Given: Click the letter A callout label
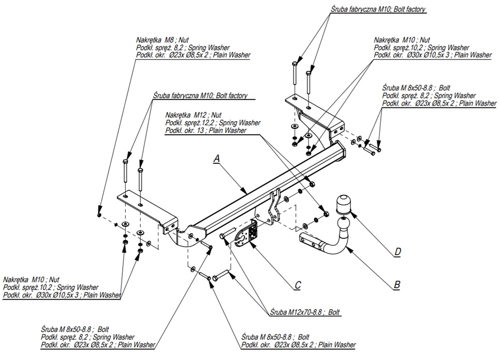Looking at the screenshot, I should click(x=216, y=158).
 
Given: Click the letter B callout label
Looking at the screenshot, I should click(x=397, y=285).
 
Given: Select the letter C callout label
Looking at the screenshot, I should click(x=297, y=285).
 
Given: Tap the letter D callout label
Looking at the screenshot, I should click(x=397, y=252).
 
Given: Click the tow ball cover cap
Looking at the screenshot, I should click(x=343, y=204).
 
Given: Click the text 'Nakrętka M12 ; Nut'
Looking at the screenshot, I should click(x=188, y=114).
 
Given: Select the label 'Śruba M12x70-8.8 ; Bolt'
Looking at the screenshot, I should click(x=304, y=312).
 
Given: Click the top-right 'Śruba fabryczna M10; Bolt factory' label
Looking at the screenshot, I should click(x=379, y=9).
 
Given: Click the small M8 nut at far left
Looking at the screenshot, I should click(x=99, y=214).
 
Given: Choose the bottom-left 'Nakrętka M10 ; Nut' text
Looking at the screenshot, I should click(x=31, y=280).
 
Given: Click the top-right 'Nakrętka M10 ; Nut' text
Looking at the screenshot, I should click(x=402, y=39).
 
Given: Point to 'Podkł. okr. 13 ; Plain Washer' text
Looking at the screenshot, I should click(x=205, y=131).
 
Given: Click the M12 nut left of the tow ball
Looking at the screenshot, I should click(x=326, y=213).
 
